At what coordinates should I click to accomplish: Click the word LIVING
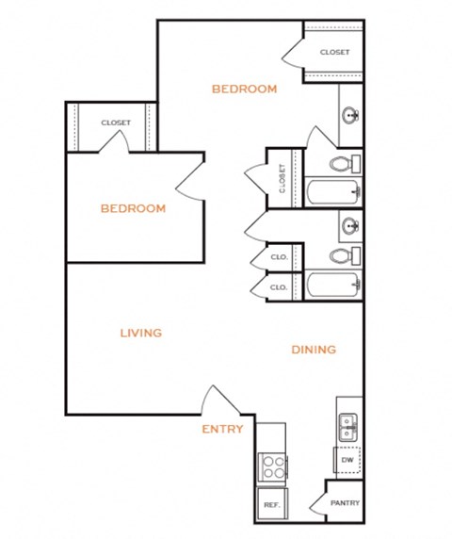141,333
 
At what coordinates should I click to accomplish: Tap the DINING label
314,350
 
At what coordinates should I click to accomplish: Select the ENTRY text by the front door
222,429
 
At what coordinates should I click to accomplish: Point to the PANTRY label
345,503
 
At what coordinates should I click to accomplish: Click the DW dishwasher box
347,460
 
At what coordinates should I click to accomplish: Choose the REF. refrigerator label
272,506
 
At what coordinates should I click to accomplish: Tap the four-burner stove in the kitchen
272,466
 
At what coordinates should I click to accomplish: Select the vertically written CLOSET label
282,176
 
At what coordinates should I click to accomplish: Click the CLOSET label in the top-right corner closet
334,52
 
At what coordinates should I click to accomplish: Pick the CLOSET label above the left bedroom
116,122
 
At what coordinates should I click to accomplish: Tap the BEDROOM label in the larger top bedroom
244,90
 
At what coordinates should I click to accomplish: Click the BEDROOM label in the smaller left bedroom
133,208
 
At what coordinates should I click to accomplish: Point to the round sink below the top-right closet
351,116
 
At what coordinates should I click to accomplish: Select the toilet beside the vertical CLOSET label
345,165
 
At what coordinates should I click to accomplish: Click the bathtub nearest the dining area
332,284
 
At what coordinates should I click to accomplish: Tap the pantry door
316,497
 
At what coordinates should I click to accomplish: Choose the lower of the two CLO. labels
279,286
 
